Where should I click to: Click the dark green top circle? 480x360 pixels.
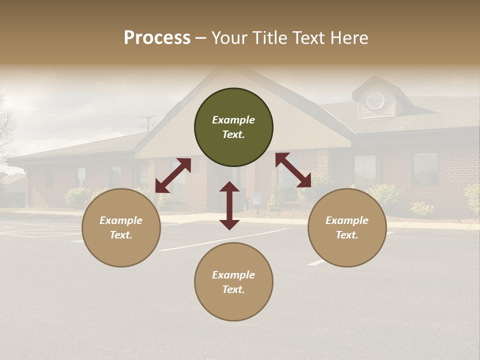[x=233, y=127]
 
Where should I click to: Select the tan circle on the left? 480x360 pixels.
[x=121, y=227]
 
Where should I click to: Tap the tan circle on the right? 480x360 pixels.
[x=347, y=227]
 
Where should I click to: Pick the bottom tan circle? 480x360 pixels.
[x=233, y=282]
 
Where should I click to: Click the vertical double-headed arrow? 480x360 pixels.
[x=229, y=205]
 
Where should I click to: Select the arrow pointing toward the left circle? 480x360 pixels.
[x=173, y=175]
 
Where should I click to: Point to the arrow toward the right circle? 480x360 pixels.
[x=293, y=170]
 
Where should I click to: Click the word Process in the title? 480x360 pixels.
[x=157, y=37]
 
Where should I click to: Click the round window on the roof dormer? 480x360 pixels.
[x=375, y=101]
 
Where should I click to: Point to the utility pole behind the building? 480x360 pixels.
[x=147, y=123]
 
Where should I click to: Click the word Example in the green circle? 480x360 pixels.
[x=233, y=120]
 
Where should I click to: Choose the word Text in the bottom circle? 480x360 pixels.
[x=233, y=289]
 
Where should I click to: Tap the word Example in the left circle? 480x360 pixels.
[x=121, y=220]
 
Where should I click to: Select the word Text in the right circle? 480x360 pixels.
[x=347, y=235]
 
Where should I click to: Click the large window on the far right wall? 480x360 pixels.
[x=425, y=169]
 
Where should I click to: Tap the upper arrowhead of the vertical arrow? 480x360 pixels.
[x=229, y=187]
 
